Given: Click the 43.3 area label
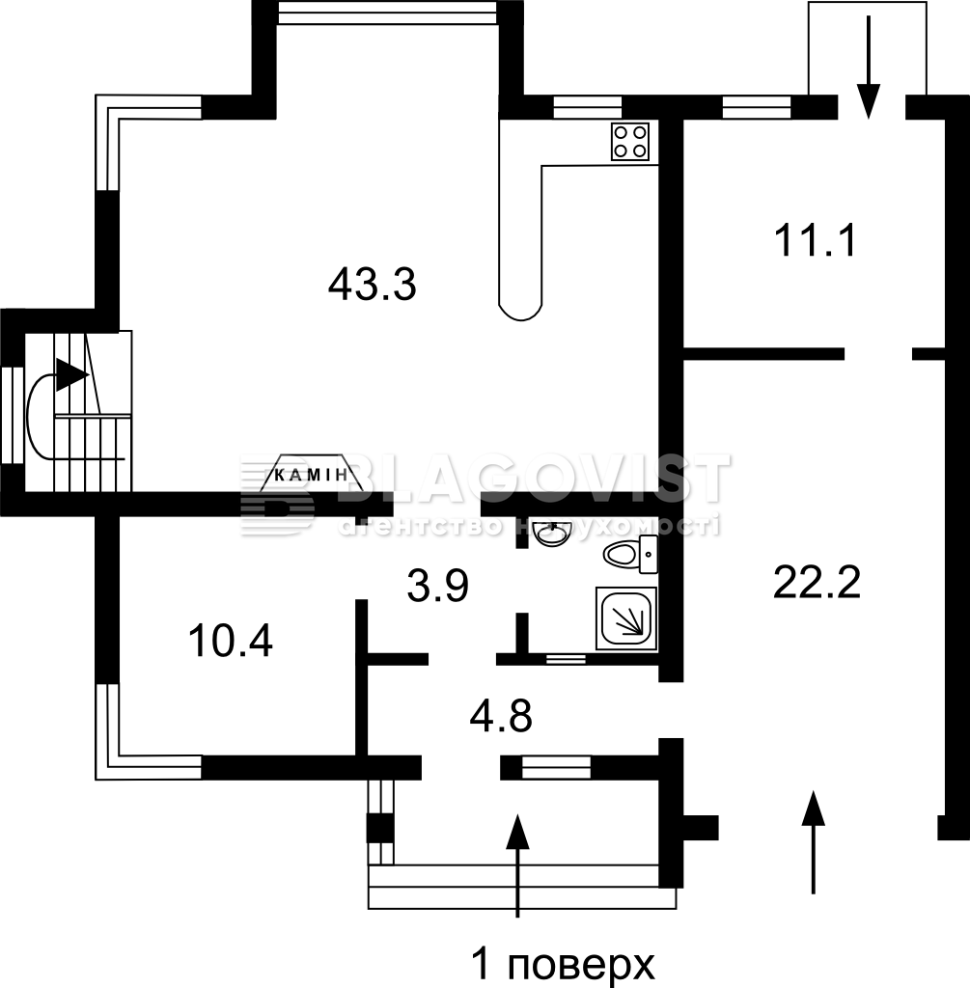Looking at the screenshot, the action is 372,285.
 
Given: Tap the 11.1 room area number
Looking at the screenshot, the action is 816,240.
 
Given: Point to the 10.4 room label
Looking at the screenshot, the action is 231,641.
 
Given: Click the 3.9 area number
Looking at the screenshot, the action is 437,586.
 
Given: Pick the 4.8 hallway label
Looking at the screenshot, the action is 501,716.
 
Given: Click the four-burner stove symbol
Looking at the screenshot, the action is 630,141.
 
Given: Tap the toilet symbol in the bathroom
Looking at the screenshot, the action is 630,555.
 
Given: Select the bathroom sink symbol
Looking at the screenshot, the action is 551,535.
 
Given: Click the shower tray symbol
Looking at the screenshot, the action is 625,618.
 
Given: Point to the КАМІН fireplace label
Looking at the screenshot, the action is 312,475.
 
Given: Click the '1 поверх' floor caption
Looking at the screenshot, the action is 563,964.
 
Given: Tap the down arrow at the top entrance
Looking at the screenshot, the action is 869,67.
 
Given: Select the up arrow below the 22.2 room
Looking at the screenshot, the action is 813,841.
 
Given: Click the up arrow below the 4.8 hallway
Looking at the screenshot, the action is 517,865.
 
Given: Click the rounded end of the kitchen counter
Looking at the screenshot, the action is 520,311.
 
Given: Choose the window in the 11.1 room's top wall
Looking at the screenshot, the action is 757,106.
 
